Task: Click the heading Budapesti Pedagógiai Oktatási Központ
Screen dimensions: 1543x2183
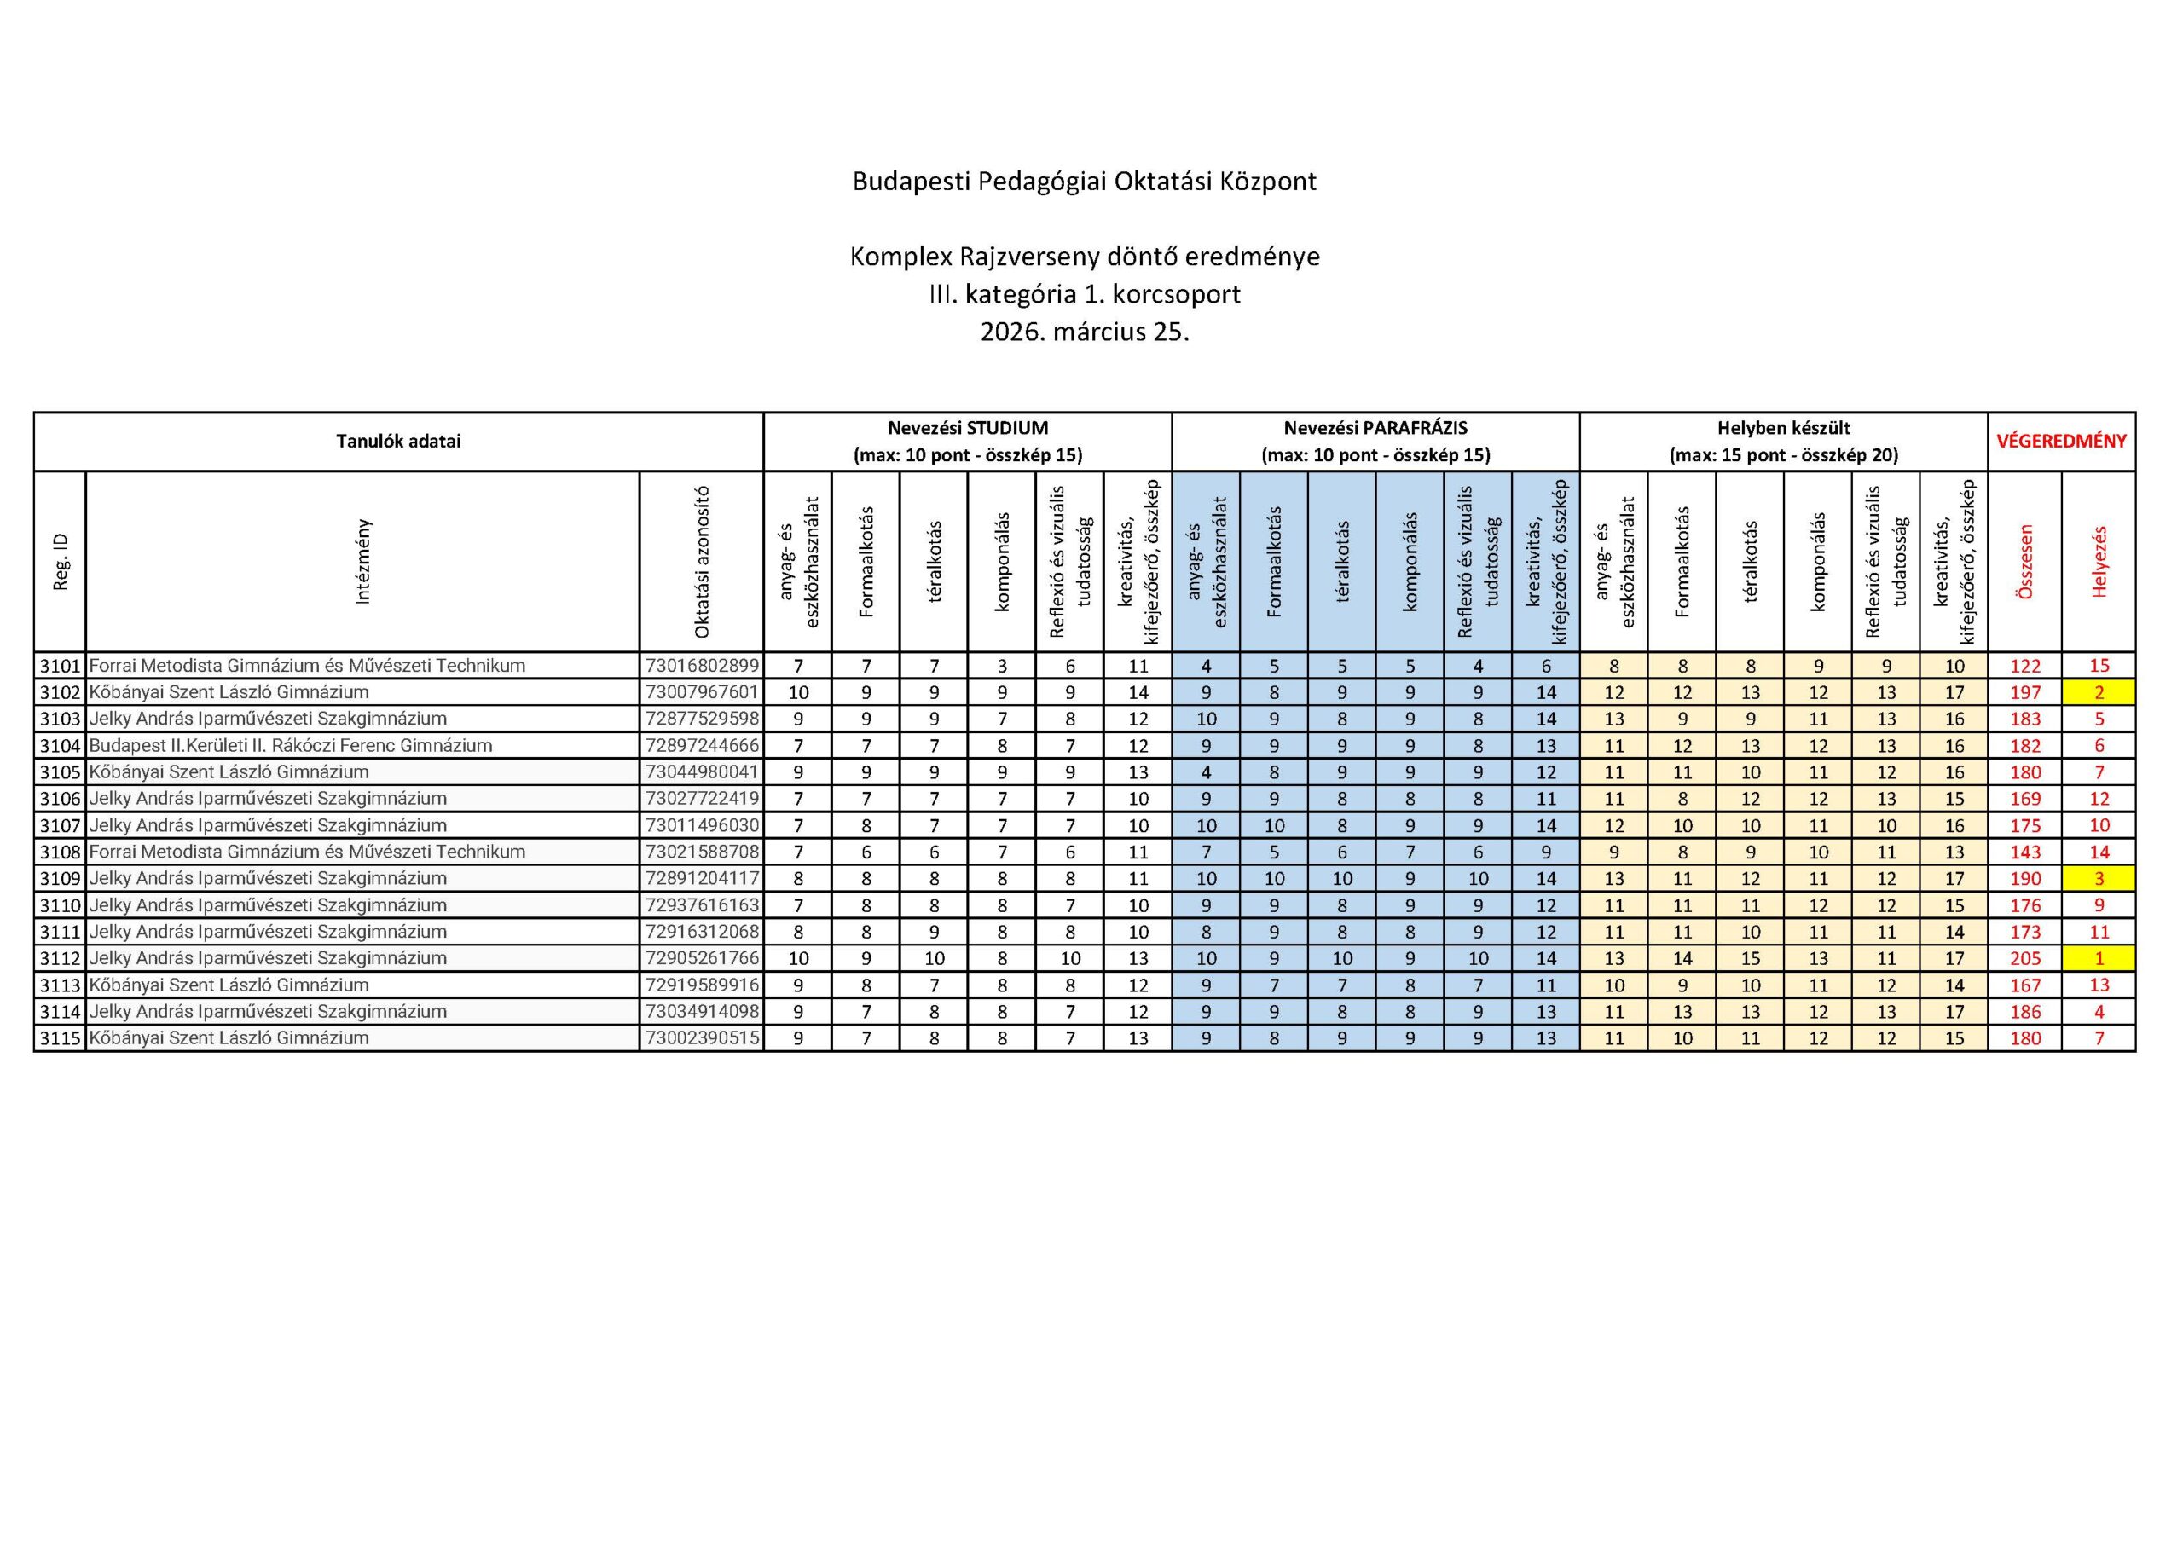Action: [x=1084, y=182]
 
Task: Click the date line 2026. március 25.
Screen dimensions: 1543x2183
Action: [x=1084, y=332]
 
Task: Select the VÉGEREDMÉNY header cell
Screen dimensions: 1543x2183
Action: [x=2060, y=441]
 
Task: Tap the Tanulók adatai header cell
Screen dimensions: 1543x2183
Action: [x=397, y=441]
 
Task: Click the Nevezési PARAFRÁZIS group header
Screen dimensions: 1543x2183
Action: [x=1375, y=441]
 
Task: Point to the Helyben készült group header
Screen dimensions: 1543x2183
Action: [x=1783, y=441]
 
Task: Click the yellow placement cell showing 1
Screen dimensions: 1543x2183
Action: [x=2099, y=958]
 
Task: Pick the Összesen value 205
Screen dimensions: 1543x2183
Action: [x=2025, y=958]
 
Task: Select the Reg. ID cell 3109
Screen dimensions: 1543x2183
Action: [x=60, y=878]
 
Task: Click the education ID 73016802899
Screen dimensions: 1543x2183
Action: [x=702, y=666]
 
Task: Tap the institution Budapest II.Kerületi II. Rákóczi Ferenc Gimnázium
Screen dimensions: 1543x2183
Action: [x=290, y=745]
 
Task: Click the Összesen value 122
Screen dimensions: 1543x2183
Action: [x=2025, y=666]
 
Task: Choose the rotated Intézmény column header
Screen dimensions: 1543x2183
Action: [x=362, y=561]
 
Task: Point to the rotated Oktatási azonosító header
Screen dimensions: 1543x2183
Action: [x=702, y=561]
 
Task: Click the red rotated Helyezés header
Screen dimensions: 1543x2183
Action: [x=2099, y=561]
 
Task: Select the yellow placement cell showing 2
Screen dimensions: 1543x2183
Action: [x=2099, y=692]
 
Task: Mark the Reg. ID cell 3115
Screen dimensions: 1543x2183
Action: [x=60, y=1038]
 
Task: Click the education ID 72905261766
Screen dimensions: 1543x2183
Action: [x=702, y=958]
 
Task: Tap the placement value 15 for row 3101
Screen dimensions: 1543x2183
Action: [x=2099, y=666]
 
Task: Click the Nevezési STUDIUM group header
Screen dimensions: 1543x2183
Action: [x=967, y=441]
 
